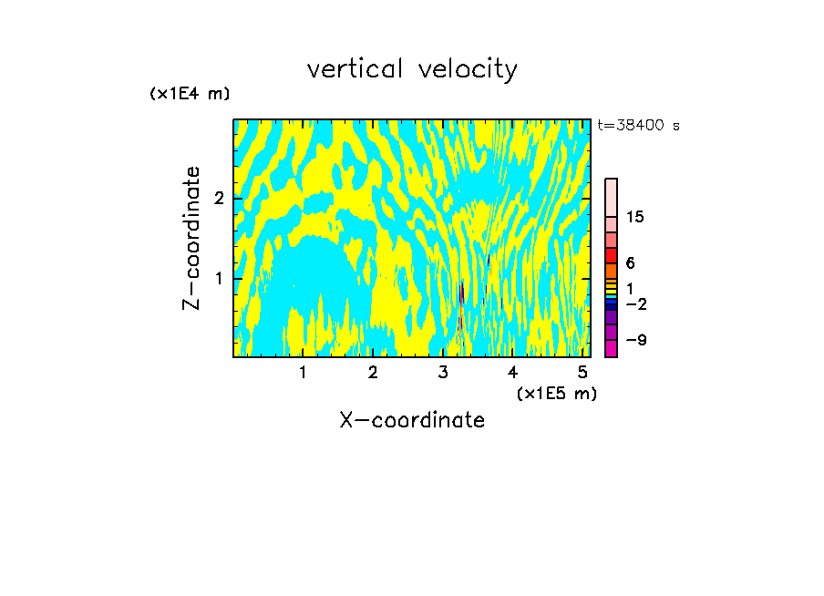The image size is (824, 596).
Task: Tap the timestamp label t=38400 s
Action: click(638, 126)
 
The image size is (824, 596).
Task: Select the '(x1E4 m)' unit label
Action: click(190, 94)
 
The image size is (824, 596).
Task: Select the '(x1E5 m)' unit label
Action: click(556, 393)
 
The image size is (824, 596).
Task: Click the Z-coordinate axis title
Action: click(191, 238)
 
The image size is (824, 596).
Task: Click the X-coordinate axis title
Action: click(412, 420)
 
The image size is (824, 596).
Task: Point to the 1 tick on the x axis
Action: click(303, 372)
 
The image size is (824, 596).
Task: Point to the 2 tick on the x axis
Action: click(373, 372)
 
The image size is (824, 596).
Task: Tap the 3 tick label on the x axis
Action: click(443, 372)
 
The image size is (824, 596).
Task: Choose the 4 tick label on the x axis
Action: click(513, 372)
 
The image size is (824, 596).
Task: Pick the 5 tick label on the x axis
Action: click(582, 372)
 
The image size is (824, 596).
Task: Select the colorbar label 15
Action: click(635, 217)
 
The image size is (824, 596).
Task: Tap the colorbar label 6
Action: click(630, 262)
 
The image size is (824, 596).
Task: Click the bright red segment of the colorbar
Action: click(612, 255)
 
